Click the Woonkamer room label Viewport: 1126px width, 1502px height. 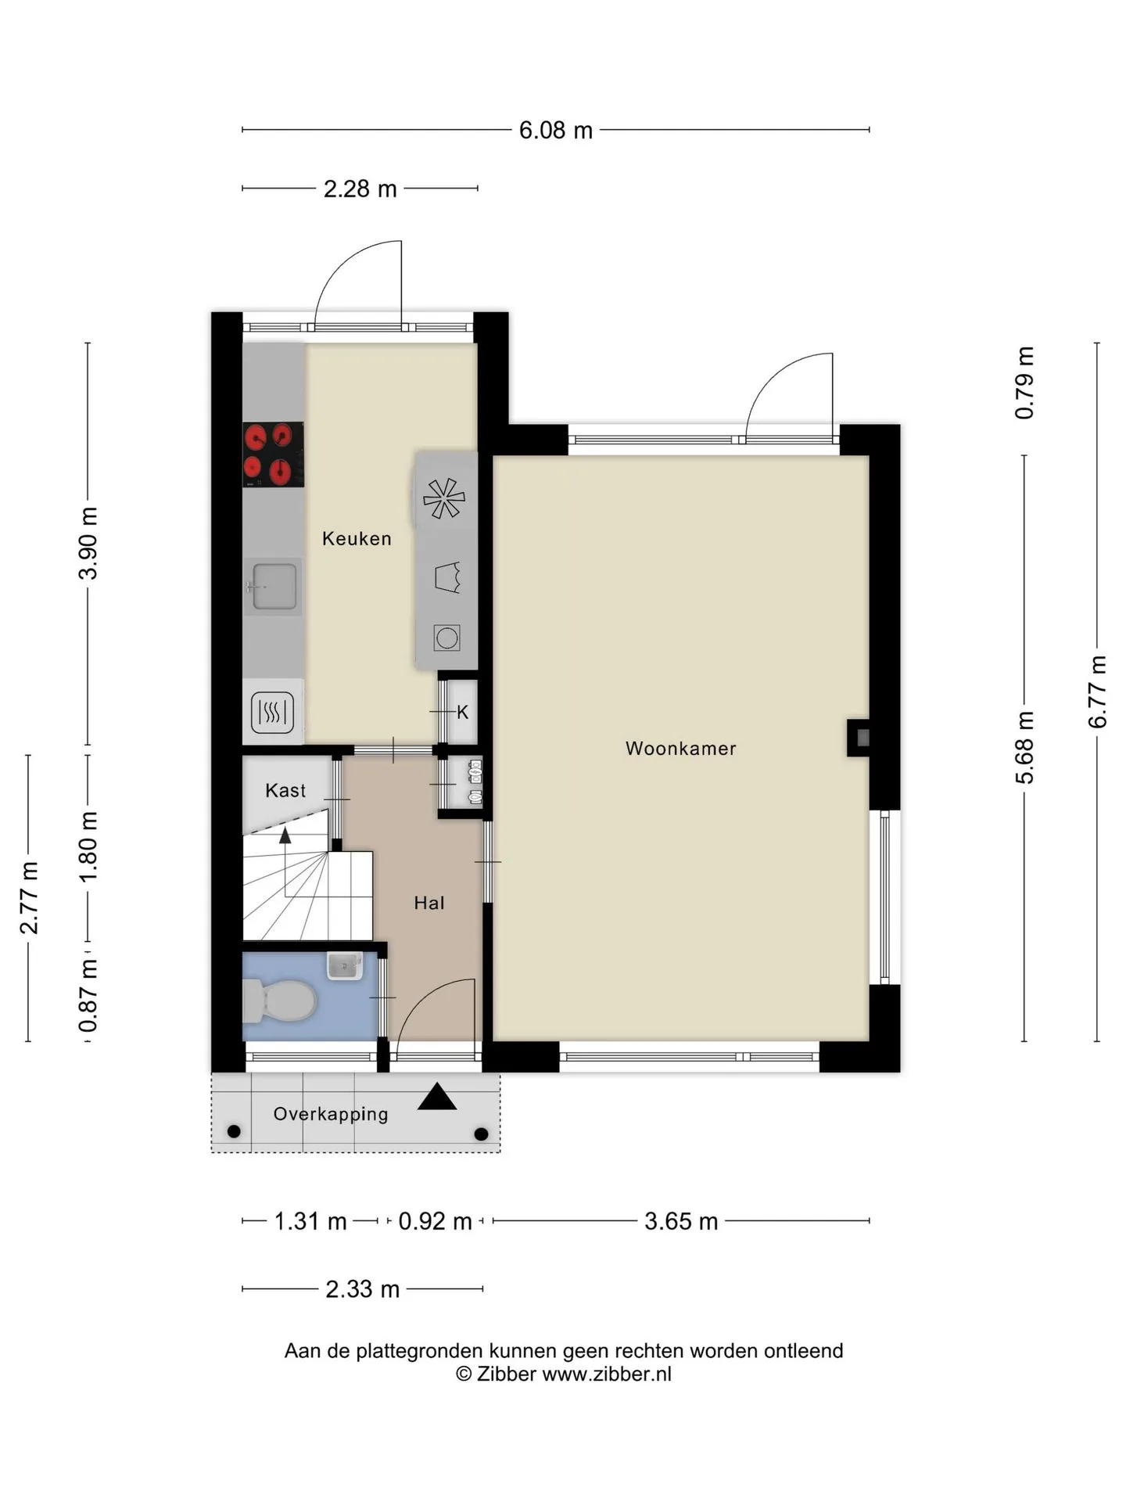(680, 749)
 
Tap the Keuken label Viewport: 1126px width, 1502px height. (357, 538)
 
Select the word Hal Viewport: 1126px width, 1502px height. (429, 903)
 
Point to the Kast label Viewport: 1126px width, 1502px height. (285, 790)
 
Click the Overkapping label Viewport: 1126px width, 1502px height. (331, 1114)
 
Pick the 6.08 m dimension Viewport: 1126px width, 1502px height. (556, 130)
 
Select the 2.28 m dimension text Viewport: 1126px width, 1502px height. (360, 189)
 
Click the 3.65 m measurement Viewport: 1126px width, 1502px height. (681, 1221)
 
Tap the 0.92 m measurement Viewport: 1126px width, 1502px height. (436, 1221)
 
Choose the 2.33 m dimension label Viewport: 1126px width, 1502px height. (363, 1289)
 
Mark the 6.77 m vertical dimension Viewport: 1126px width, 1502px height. (1098, 692)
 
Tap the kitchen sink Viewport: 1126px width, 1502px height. (272, 587)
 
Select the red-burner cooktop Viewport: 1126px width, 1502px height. (273, 455)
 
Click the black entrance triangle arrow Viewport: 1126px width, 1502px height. (437, 1097)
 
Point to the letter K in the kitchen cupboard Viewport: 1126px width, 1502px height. (463, 712)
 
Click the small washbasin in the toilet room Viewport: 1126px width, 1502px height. (344, 966)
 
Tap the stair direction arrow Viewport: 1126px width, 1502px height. (285, 835)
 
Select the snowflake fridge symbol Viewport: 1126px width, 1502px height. (444, 498)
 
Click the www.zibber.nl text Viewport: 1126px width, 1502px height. (607, 1374)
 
